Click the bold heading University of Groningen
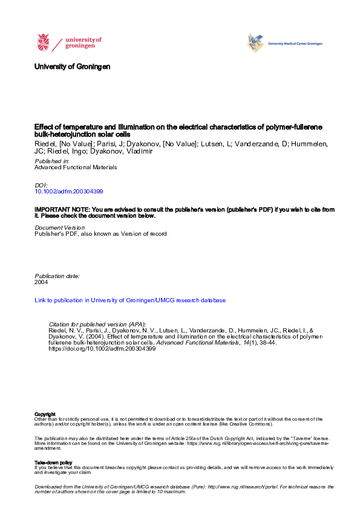[72, 66]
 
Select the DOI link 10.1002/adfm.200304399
[70, 191]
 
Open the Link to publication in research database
[130, 300]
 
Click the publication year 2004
[42, 282]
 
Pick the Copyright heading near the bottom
[44, 414]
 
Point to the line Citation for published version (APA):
[97, 325]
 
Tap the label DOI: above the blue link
[41, 185]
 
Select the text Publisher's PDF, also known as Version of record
[100, 234]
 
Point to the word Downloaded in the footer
[48, 487]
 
